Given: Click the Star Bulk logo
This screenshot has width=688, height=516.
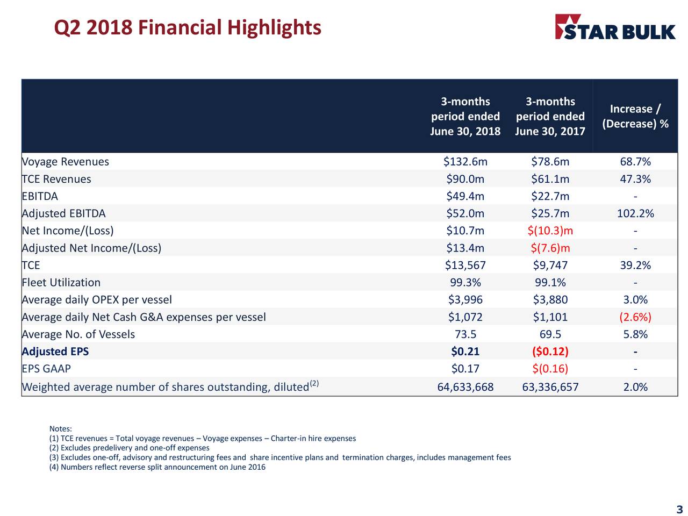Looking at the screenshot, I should coord(615,27).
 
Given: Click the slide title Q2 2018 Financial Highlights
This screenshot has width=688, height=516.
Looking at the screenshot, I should coord(188,27).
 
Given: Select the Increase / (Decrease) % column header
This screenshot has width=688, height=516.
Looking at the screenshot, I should coord(635,116).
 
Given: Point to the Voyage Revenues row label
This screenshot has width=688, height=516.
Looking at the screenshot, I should coord(65,162).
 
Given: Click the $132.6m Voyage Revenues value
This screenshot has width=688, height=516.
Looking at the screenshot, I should coord(465,162).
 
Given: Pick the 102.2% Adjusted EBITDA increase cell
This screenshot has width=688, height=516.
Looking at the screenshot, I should coord(635,213).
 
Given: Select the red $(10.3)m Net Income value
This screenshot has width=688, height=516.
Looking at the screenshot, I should coord(550,231).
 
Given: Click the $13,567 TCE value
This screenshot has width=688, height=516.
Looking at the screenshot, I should coord(465,265).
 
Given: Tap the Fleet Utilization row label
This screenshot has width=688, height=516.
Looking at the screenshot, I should coord(61,282).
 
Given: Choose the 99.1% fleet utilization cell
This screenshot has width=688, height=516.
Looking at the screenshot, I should coord(550,282).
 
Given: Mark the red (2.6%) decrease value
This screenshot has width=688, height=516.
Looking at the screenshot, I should coord(635,317).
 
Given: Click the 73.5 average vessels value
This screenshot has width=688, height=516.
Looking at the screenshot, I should coord(465,334).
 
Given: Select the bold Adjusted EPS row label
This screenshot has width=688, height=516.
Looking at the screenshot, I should coord(55,352).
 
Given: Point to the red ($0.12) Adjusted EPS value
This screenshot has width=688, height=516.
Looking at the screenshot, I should coord(550,352).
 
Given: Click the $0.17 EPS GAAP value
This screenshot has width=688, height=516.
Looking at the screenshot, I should coord(465,369).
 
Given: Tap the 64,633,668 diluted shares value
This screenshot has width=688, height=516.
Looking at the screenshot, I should coord(465,387).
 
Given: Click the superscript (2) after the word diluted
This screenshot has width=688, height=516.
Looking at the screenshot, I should coord(314,383).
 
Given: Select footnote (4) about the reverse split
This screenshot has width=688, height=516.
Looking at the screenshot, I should coord(157,467).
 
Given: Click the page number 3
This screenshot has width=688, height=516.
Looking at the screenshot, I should coord(679,510).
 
